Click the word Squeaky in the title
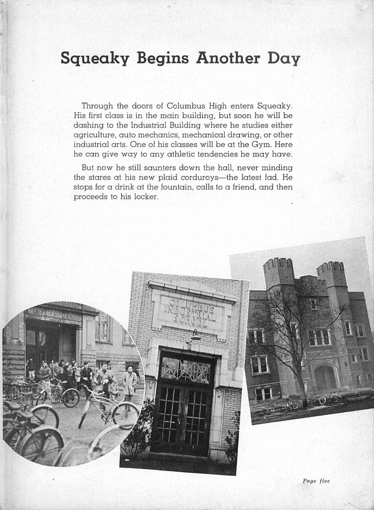(96, 58)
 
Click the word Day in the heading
(283, 58)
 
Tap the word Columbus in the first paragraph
(188, 106)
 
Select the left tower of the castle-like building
(278, 273)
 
